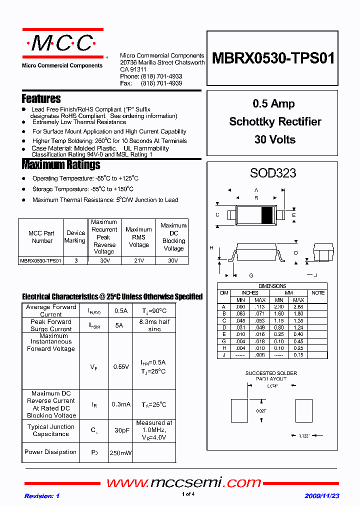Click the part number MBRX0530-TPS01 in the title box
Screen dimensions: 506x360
click(273, 58)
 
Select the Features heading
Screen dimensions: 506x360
click(41, 98)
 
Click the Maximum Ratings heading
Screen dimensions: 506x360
click(61, 164)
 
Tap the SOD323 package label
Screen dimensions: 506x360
click(273, 173)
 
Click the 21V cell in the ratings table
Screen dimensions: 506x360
click(138, 260)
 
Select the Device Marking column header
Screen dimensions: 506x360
click(75, 236)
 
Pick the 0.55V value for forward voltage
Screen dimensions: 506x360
click(121, 366)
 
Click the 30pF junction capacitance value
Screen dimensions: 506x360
click(121, 430)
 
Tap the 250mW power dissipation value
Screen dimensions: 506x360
click(121, 452)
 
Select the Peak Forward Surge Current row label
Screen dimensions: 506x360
click(51, 325)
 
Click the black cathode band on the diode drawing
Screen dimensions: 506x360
click(267, 214)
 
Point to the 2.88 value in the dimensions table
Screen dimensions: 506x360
click(298, 306)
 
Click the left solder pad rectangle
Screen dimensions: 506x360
click(238, 411)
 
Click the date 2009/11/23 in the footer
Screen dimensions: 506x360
click(322, 496)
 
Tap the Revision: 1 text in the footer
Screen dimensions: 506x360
click(42, 496)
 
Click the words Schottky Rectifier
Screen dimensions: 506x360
click(275, 121)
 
